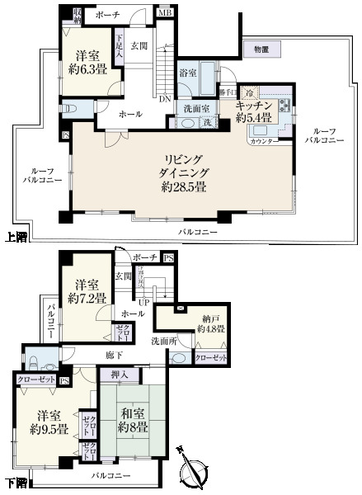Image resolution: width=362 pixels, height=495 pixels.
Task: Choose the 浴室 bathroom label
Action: coord(188,73)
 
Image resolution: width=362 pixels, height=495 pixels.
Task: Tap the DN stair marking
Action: coord(165,99)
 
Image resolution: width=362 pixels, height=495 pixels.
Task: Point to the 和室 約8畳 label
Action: coord(132,422)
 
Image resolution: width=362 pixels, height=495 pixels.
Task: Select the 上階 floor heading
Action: coord(15,236)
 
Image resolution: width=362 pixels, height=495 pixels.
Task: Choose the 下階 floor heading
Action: coord(15,482)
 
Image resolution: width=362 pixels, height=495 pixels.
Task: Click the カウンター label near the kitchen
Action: coord(259,140)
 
